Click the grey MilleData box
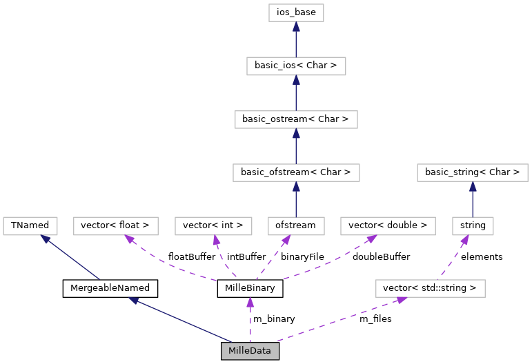[250, 351]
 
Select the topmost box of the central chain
[296, 12]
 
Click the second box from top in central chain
[296, 66]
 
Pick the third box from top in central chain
[296, 119]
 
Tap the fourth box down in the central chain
[296, 172]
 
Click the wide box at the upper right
[472, 172]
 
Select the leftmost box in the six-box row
[30, 226]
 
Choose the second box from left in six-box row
[116, 226]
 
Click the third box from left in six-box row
[213, 226]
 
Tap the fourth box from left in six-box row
[296, 226]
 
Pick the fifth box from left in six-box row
[388, 226]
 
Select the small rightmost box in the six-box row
[473, 226]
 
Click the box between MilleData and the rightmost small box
[430, 288]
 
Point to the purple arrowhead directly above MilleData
[250, 302]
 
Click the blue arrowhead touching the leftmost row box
[46, 239]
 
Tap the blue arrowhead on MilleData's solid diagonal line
[134, 301]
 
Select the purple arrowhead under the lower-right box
[402, 300]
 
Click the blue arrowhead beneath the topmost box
[296, 27]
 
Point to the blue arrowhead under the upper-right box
[472, 186]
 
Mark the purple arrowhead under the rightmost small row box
[465, 240]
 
